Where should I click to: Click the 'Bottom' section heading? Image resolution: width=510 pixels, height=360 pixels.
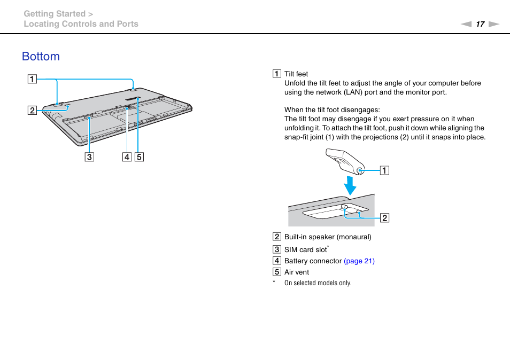41,57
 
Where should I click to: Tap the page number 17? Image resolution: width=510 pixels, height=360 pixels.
480,24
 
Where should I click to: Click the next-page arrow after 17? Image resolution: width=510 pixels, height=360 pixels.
493,24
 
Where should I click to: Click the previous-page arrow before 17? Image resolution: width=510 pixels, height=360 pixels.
466,24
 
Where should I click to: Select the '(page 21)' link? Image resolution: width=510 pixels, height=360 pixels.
359,261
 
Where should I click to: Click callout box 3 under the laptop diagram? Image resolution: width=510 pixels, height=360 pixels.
89,157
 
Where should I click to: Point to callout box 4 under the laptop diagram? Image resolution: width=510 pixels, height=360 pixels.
127,157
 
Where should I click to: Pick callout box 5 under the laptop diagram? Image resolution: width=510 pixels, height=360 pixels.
139,157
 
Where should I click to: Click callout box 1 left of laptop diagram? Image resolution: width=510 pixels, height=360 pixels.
33,80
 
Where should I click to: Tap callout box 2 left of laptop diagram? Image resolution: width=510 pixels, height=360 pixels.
33,111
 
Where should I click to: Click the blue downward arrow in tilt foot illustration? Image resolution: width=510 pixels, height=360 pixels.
350,185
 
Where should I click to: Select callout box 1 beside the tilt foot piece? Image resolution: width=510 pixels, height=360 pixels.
384,171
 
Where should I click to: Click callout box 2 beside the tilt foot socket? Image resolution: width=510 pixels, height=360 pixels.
384,217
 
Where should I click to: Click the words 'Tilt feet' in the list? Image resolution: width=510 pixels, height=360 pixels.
296,74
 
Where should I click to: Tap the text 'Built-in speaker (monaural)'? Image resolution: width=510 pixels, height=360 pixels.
328,237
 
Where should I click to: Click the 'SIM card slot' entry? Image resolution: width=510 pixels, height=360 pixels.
305,250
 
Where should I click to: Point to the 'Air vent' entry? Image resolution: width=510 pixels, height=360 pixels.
297,272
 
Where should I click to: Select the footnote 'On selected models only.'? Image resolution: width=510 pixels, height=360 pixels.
318,283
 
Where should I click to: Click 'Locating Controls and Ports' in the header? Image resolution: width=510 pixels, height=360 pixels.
81,24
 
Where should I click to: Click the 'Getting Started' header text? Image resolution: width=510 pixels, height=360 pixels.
55,14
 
